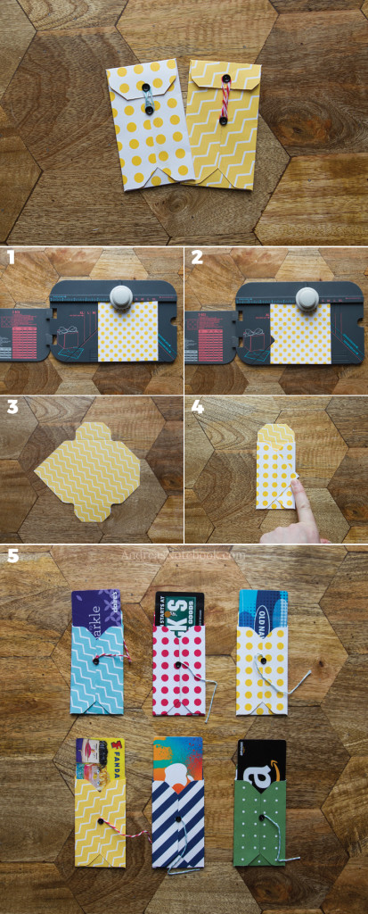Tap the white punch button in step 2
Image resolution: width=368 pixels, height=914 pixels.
306,295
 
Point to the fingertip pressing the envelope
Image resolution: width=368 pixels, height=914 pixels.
297,490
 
